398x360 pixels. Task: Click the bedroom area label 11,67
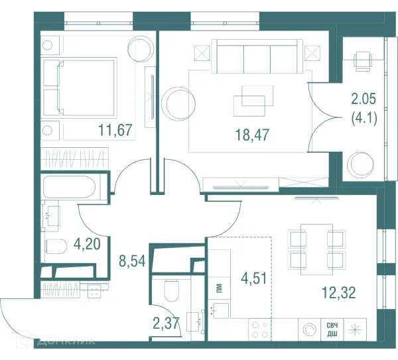(115, 130)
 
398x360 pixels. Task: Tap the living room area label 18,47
(252, 135)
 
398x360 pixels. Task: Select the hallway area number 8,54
(132, 261)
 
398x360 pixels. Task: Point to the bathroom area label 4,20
(87, 244)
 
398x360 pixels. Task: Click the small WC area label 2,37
(166, 324)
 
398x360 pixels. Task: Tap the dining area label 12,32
(338, 292)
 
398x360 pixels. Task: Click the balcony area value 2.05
(364, 99)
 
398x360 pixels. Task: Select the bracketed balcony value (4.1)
(364, 118)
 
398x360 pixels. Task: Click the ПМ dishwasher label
(220, 288)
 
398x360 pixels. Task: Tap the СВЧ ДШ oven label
(332, 330)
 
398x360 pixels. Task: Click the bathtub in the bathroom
(70, 187)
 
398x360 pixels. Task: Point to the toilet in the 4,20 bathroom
(56, 247)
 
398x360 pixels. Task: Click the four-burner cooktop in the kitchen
(260, 330)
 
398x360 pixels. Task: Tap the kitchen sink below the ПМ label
(218, 310)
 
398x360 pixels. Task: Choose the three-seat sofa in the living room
(257, 56)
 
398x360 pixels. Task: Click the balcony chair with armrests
(363, 60)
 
